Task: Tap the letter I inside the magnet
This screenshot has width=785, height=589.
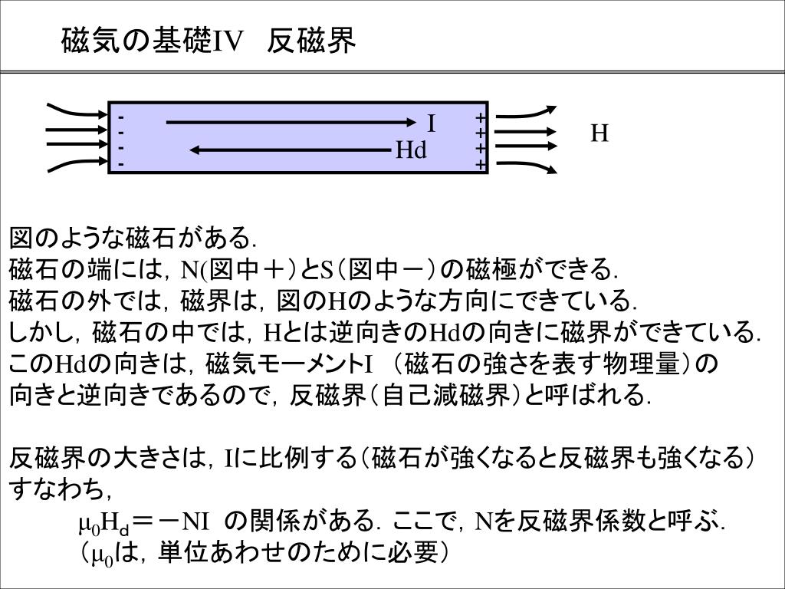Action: pyautogui.click(x=432, y=123)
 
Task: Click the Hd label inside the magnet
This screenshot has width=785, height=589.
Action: pyautogui.click(x=411, y=150)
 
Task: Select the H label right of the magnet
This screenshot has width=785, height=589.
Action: pyautogui.click(x=599, y=134)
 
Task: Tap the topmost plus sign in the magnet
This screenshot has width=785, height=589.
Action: pyautogui.click(x=480, y=118)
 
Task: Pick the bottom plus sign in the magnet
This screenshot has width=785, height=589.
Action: pyautogui.click(x=480, y=164)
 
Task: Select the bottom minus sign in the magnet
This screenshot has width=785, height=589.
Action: pyautogui.click(x=121, y=163)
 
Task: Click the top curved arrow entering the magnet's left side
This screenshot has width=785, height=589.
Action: pyautogui.click(x=77, y=110)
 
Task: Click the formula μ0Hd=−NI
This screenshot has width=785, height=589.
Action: pyautogui.click(x=143, y=523)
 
